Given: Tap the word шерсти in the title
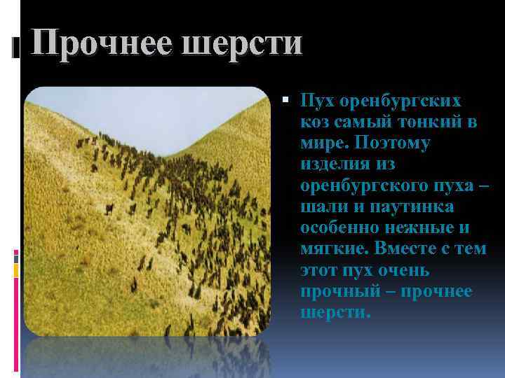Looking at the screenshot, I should pyautogui.click(x=243, y=44).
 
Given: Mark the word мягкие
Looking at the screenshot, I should pyautogui.click(x=330, y=249).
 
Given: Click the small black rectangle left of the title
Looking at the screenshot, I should pyautogui.click(x=15, y=48).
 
